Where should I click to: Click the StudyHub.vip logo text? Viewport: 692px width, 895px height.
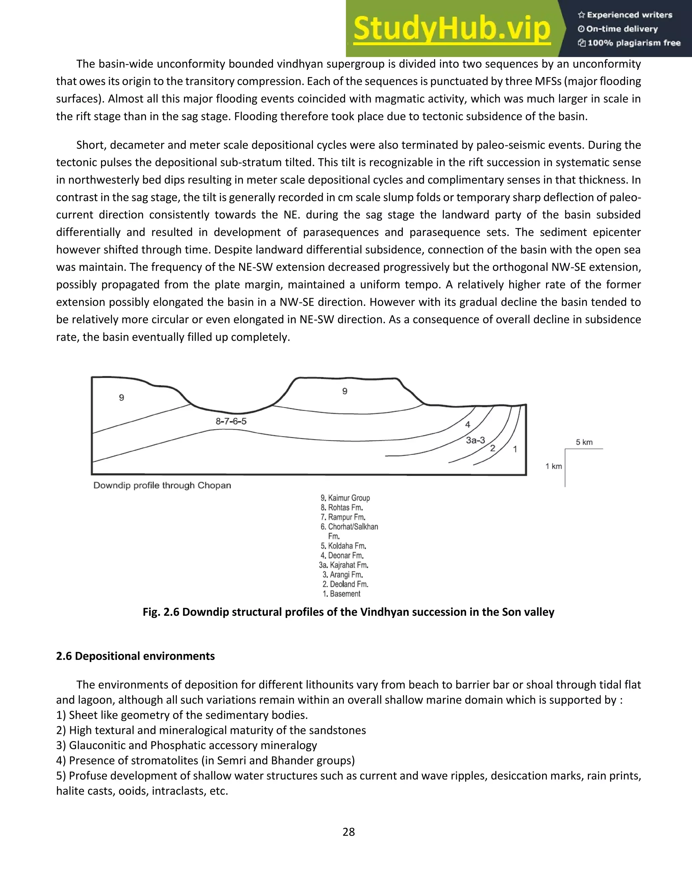[451, 29]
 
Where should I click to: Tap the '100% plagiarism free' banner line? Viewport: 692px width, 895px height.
[629, 43]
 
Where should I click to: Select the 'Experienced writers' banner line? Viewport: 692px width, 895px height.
[625, 15]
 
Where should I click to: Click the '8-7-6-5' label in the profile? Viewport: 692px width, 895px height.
[231, 421]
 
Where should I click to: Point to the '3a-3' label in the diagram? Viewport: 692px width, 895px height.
[475, 440]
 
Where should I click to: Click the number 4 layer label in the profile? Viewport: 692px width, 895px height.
[468, 425]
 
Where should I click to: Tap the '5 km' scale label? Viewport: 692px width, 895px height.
[584, 442]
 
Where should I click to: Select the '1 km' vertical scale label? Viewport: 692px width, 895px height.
[553, 466]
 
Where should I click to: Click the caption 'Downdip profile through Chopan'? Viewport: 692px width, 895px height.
[162, 485]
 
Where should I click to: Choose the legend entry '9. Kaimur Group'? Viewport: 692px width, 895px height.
[345, 498]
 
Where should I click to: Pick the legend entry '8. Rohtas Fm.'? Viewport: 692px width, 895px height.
[342, 507]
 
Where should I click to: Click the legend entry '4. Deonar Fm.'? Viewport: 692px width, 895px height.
[342, 555]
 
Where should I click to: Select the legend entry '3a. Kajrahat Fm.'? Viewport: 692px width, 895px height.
[344, 565]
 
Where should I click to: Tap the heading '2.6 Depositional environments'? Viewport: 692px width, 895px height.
[135, 656]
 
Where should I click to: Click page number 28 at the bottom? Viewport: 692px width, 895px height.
[348, 832]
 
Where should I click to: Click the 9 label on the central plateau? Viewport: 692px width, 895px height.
[345, 391]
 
